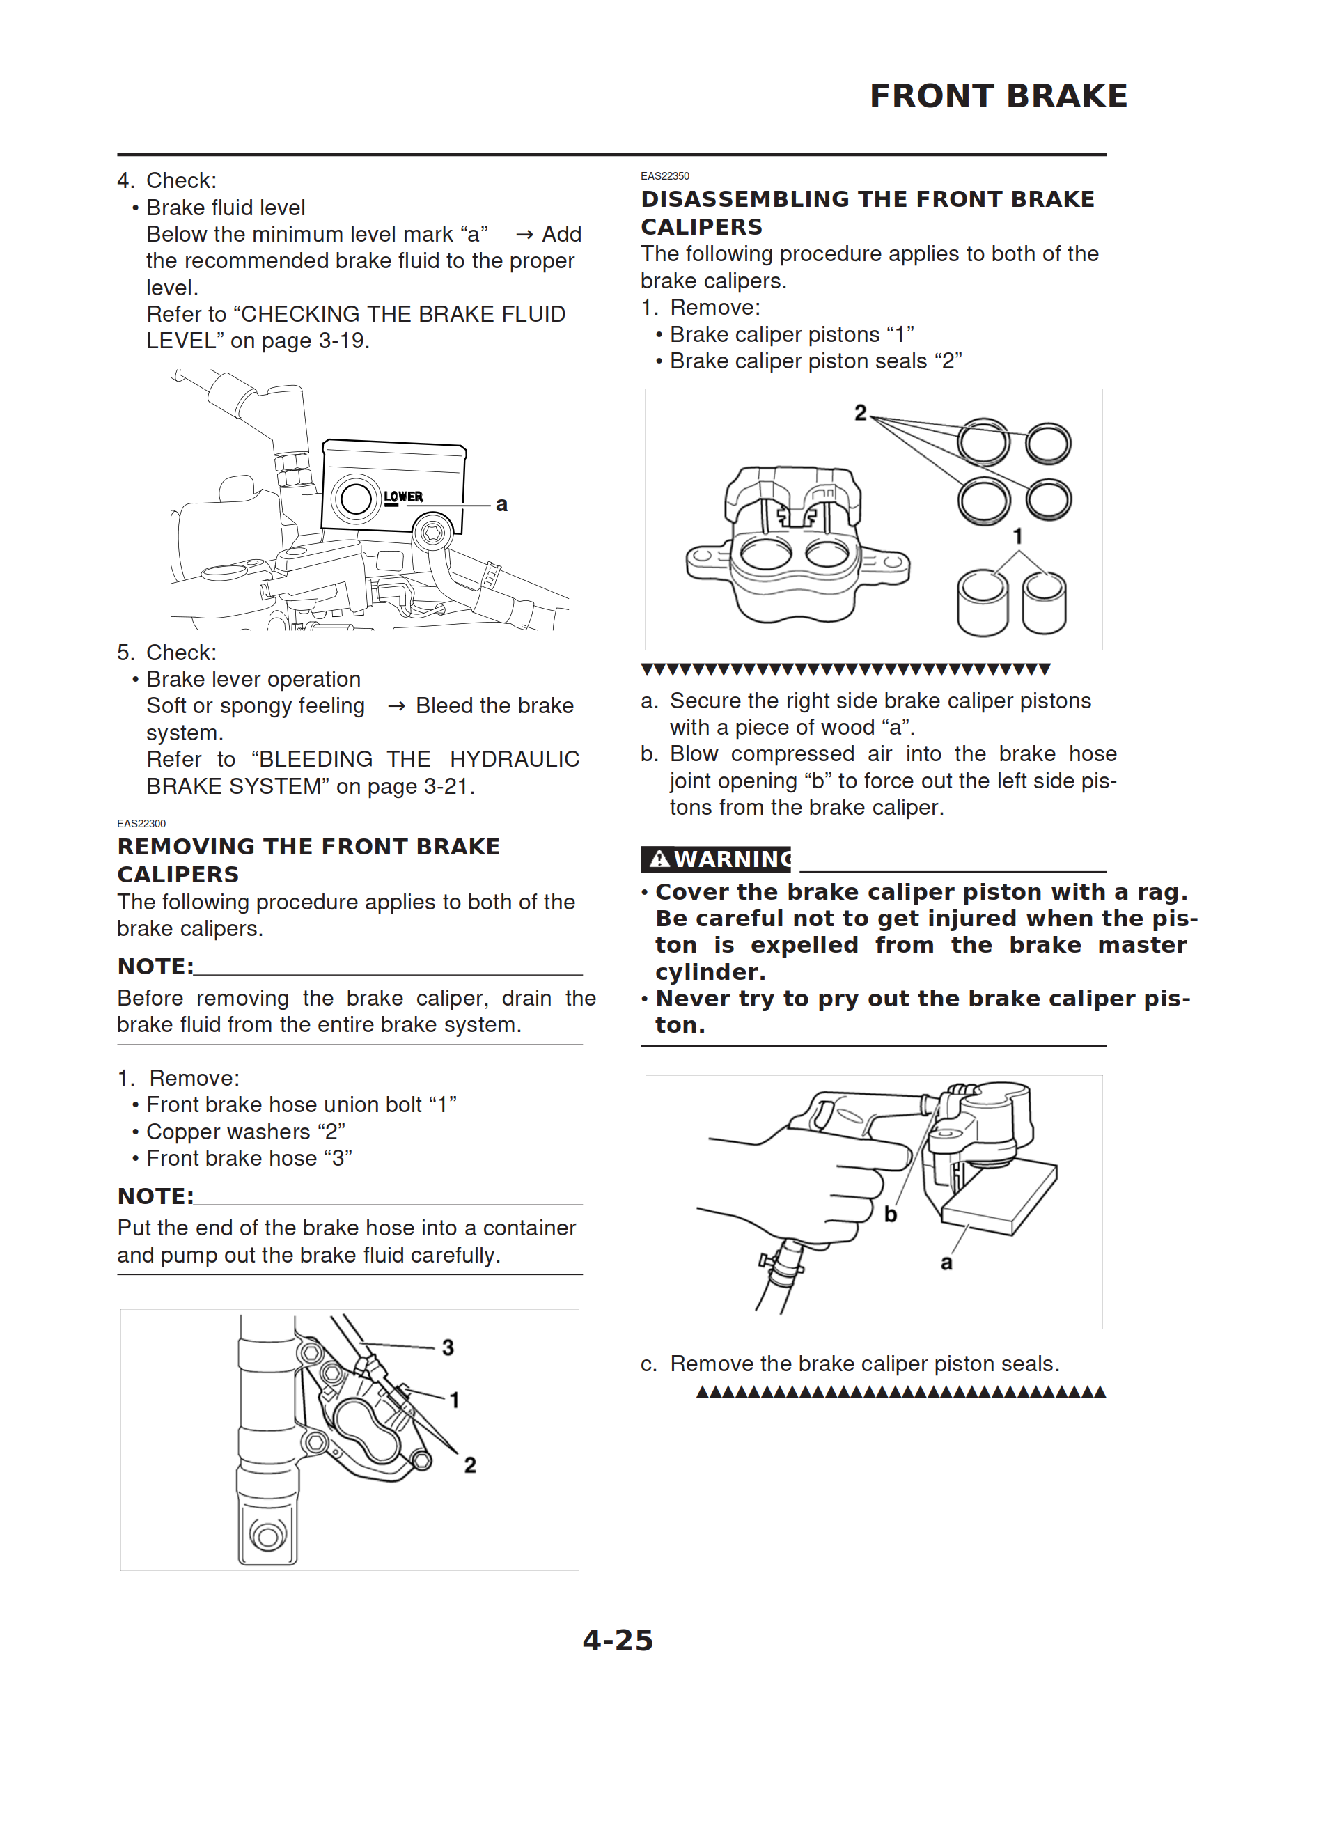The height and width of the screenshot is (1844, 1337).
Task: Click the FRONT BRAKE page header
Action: click(998, 96)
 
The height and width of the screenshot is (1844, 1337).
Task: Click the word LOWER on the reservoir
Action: click(403, 497)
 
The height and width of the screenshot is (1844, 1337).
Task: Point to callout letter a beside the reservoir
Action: click(502, 505)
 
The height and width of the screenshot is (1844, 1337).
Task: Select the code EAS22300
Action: click(141, 824)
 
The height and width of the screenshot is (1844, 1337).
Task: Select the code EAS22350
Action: click(664, 175)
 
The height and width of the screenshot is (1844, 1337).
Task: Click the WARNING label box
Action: click(716, 859)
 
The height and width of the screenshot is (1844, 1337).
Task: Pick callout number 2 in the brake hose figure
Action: click(470, 1465)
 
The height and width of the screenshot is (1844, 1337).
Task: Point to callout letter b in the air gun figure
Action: click(891, 1214)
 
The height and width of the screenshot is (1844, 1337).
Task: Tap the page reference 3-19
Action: click(343, 341)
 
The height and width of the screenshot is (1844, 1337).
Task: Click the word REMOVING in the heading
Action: click(185, 847)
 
